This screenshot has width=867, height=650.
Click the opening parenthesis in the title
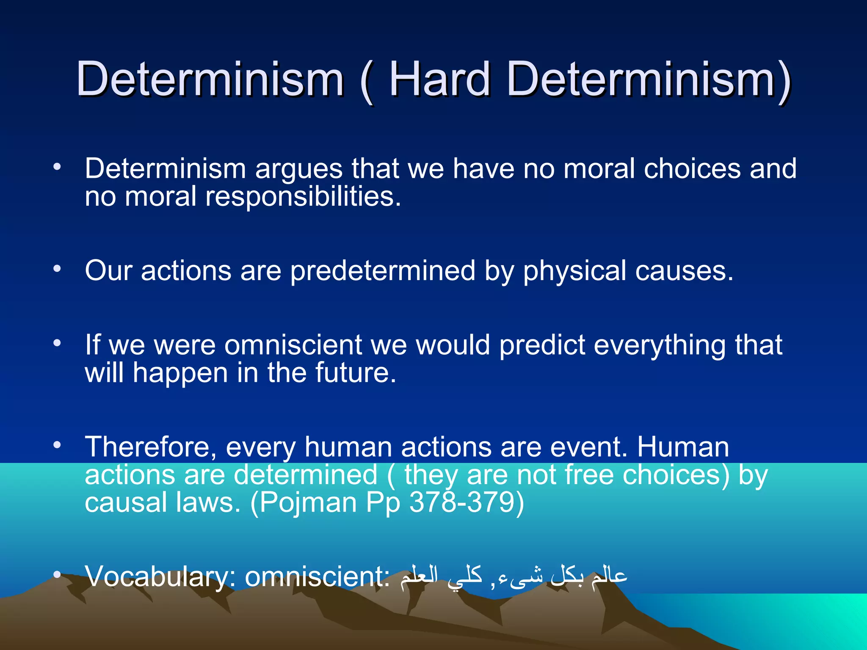[x=367, y=81]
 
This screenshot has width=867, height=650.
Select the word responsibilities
[x=303, y=197]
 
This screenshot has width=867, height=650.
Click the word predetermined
[x=383, y=271]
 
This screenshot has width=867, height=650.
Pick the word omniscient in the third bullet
[x=293, y=345]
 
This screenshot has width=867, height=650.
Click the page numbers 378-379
[x=462, y=503]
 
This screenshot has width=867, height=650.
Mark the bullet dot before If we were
[x=57, y=343]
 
